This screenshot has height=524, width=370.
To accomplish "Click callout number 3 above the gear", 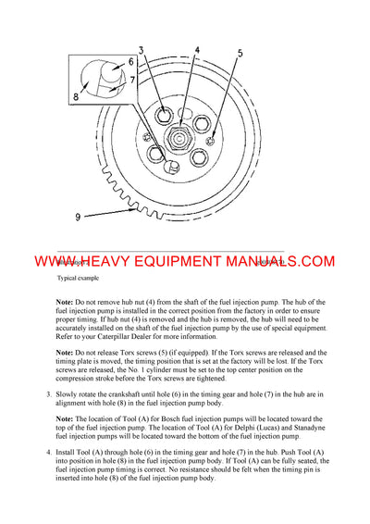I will coord(142,49).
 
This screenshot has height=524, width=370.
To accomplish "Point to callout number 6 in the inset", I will coord(130,62).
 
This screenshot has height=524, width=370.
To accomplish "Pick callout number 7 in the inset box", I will coord(130,80).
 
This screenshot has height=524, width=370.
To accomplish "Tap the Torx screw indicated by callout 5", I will coord(214,141).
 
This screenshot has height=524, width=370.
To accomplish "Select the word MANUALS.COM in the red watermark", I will coord(277,263).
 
